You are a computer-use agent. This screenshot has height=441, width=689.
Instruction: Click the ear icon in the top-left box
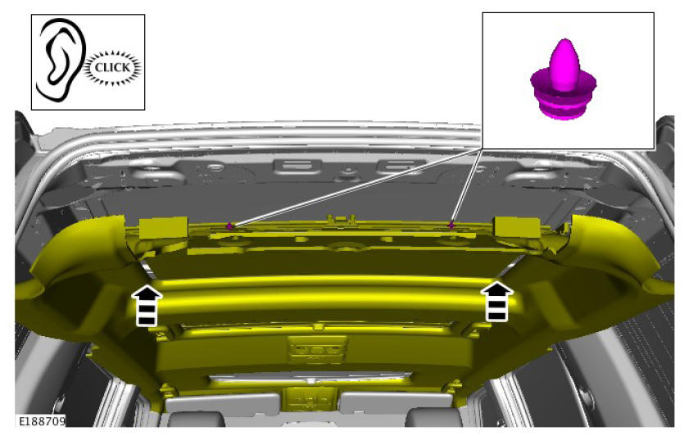click(61, 58)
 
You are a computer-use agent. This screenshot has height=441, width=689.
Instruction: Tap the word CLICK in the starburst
click(112, 67)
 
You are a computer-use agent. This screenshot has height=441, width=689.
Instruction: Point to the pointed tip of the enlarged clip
click(564, 39)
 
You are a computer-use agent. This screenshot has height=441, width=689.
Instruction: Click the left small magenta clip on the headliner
click(229, 225)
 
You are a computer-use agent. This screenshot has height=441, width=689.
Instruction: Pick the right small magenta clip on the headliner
click(451, 225)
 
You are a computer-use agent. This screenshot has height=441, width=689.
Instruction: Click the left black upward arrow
click(147, 305)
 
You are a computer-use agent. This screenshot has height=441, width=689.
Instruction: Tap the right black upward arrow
click(497, 301)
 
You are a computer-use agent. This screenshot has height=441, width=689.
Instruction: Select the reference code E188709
click(42, 421)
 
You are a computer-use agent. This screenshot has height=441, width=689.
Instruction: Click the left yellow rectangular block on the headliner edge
click(164, 228)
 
